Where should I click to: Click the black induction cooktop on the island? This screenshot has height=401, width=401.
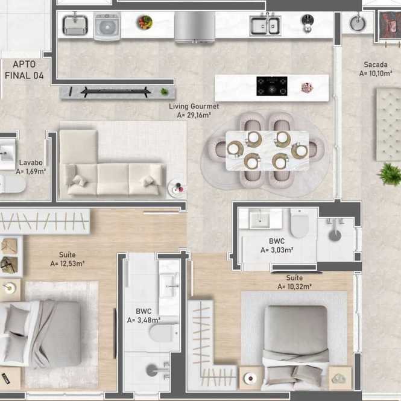pyautogui.click(x=271, y=86)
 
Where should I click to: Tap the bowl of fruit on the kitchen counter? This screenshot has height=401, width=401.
pyautogui.click(x=145, y=22)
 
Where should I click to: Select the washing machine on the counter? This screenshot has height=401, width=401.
pyautogui.click(x=107, y=26)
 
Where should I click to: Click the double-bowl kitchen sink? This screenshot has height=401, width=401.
pyautogui.click(x=265, y=25)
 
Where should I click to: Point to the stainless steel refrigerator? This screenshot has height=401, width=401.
pyautogui.click(x=195, y=27)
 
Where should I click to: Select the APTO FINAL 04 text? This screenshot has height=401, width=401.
pyautogui.click(x=24, y=70)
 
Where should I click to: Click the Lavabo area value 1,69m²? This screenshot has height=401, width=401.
pyautogui.click(x=31, y=171)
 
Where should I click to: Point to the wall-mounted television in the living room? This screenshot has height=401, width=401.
pyautogui.click(x=116, y=92)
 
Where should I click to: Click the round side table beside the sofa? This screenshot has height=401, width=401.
pyautogui.click(x=177, y=188)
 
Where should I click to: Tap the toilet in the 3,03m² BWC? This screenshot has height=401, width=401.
pyautogui.click(x=299, y=223)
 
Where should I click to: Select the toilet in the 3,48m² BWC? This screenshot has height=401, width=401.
pyautogui.click(x=164, y=333)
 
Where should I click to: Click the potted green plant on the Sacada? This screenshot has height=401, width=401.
pyautogui.click(x=390, y=174)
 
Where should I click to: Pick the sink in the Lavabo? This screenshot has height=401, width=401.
pyautogui.click(x=7, y=154)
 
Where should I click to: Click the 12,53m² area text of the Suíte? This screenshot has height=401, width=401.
pyautogui.click(x=68, y=264)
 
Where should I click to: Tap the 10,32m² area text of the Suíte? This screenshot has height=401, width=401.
pyautogui.click(x=295, y=286)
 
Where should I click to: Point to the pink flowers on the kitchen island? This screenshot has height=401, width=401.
pyautogui.click(x=307, y=87)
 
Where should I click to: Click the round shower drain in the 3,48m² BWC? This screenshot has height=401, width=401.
pyautogui.click(x=152, y=370)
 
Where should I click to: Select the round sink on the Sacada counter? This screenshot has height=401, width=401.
pyautogui.click(x=358, y=24)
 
